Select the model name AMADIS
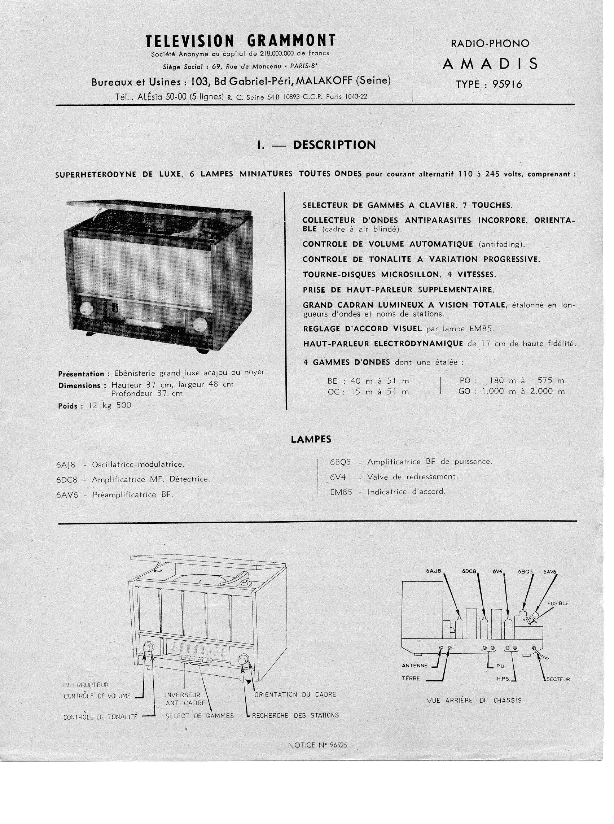490,64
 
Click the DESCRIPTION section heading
334,145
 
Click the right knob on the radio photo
200,324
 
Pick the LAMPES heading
311,439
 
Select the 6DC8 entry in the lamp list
67,480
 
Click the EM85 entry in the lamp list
341,492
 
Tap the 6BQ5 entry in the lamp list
341,462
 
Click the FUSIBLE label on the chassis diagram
558,603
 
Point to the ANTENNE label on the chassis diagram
415,666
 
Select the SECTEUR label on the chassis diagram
558,679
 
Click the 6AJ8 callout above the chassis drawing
433,571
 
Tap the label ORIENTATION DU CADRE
295,694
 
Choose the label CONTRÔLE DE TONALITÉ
100,717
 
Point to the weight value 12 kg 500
110,405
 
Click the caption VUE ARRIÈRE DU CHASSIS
474,701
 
